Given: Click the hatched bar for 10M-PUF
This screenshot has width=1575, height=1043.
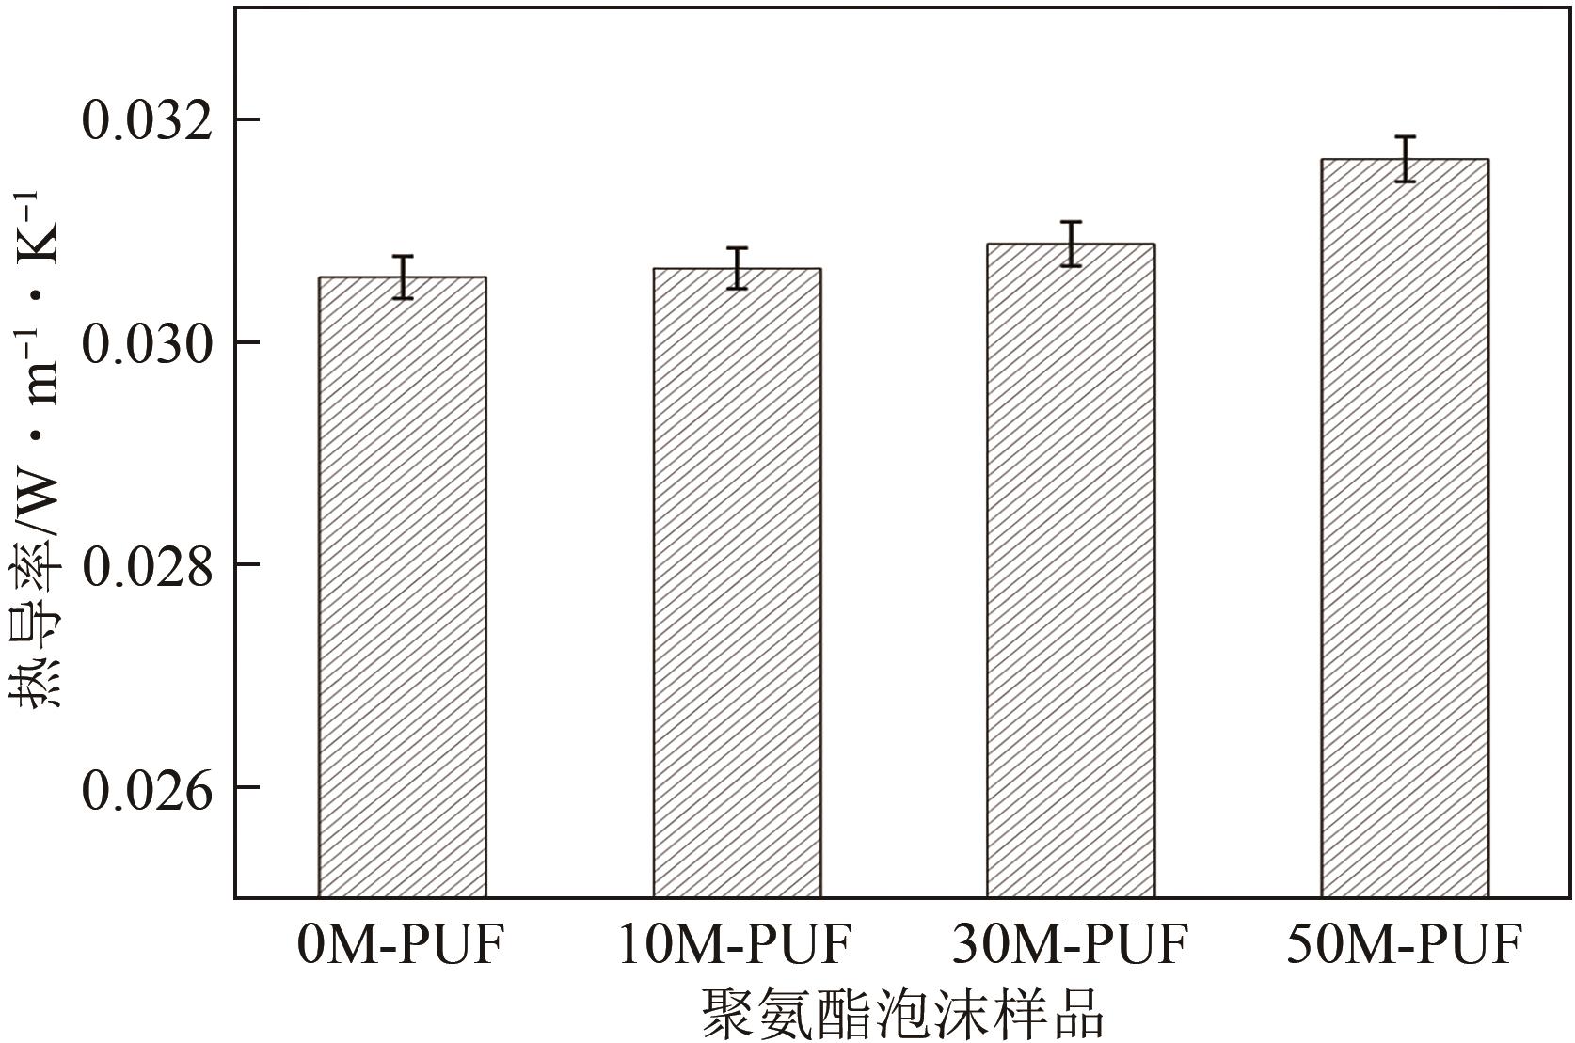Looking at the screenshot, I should click(x=737, y=582).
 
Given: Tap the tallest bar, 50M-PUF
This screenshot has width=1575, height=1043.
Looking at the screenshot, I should click(x=1405, y=528).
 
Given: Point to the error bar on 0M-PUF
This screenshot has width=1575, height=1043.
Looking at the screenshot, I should click(x=403, y=277).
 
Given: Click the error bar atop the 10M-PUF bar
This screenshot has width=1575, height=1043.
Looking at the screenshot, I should click(x=737, y=268).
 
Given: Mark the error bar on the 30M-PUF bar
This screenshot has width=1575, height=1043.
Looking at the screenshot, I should click(x=1071, y=244).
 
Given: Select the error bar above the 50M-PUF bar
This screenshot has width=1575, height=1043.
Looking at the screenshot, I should click(x=1405, y=159).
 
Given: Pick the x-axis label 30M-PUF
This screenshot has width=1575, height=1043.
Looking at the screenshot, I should click(x=1071, y=944).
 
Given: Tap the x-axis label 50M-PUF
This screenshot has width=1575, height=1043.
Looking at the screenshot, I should click(x=1405, y=944).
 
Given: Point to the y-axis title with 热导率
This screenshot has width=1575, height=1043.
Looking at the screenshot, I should click(x=38, y=451).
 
